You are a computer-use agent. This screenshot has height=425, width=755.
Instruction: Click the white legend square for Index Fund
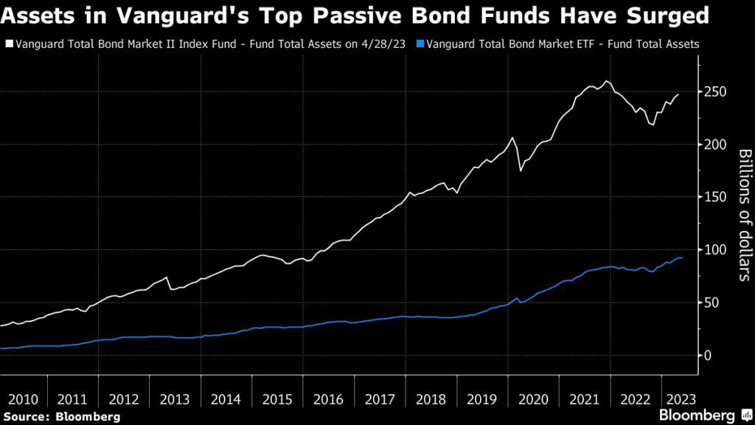(x=8, y=44)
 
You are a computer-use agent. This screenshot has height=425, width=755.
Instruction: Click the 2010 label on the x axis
(x=23, y=399)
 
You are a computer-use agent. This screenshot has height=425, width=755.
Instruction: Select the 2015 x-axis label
(x=276, y=399)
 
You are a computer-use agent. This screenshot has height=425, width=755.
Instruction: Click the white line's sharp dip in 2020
(x=521, y=170)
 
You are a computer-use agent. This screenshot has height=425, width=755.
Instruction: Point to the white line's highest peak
(x=606, y=81)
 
